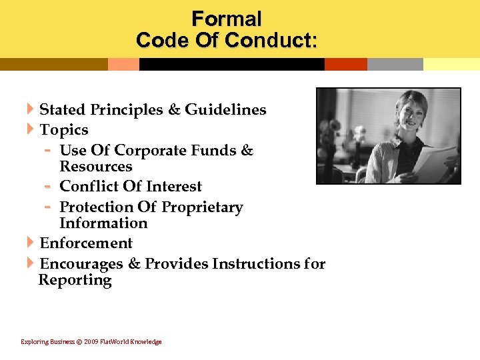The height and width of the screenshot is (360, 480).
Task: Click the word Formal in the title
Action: tap(226, 18)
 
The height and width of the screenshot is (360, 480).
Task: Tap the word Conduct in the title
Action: tap(270, 40)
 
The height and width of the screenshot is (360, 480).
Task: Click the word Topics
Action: tap(64, 129)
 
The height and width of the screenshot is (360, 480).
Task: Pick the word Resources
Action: tap(96, 167)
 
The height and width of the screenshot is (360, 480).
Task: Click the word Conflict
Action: tap(91, 187)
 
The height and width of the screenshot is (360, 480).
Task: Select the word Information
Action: tap(103, 223)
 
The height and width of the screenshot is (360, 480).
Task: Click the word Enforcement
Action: tap(86, 243)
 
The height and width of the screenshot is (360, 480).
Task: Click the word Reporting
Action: tap(75, 280)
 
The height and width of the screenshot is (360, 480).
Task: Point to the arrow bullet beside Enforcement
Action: tap(31, 243)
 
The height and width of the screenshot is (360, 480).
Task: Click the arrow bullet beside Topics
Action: tap(31, 129)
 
